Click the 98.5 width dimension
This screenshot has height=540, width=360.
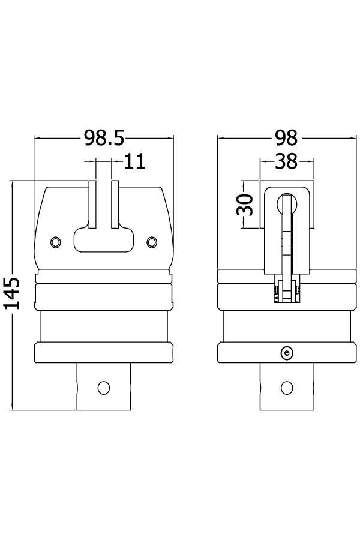tap(103, 139)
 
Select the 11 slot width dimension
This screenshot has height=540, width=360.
tap(135, 161)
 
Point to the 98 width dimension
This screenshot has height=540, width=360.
tap(286, 139)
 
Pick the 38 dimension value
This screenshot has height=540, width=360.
tap(286, 161)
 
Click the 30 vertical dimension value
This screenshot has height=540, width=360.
tap(244, 204)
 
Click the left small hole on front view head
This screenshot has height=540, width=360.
tap(56, 241)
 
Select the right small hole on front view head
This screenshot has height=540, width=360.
tap(152, 241)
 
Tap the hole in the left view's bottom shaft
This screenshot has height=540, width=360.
tap(103, 388)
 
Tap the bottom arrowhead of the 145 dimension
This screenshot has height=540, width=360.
tap(13, 407)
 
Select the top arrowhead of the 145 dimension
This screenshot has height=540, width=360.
tap(13, 184)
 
